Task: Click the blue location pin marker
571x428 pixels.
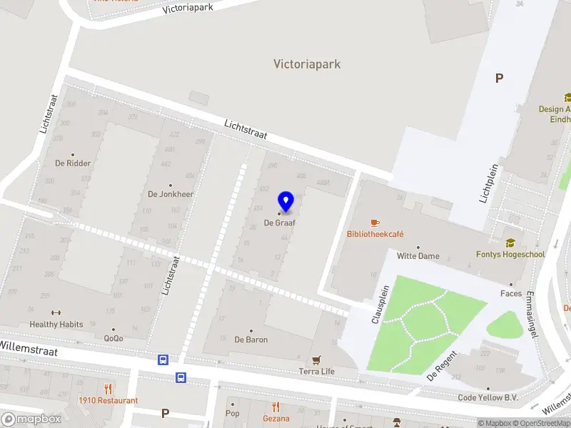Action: pyautogui.click(x=286, y=202)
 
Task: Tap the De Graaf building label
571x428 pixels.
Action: pyautogui.click(x=280, y=223)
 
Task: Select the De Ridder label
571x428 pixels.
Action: pyautogui.click(x=73, y=163)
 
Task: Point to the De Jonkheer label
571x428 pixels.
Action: pyautogui.click(x=171, y=194)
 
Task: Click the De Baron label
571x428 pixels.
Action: pyautogui.click(x=251, y=340)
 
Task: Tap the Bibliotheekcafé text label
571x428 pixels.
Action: pyautogui.click(x=375, y=234)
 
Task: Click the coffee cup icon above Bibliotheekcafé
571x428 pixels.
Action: pyautogui.click(x=375, y=223)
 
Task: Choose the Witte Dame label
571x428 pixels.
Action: pyautogui.click(x=418, y=256)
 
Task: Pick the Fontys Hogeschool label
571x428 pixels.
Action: pyautogui.click(x=510, y=254)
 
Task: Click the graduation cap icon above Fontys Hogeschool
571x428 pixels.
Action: pyautogui.click(x=510, y=243)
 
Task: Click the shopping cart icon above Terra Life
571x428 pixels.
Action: pyautogui.click(x=316, y=360)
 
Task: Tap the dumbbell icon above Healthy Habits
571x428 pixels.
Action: pyautogui.click(x=56, y=312)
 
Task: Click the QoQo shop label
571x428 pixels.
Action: pyautogui.click(x=113, y=338)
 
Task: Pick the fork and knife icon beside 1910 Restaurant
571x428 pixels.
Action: pyautogui.click(x=108, y=389)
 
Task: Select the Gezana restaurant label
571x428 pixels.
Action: pyautogui.click(x=276, y=419)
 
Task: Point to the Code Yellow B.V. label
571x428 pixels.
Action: pyautogui.click(x=487, y=397)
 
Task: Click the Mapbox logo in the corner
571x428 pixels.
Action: pyautogui.click(x=31, y=419)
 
